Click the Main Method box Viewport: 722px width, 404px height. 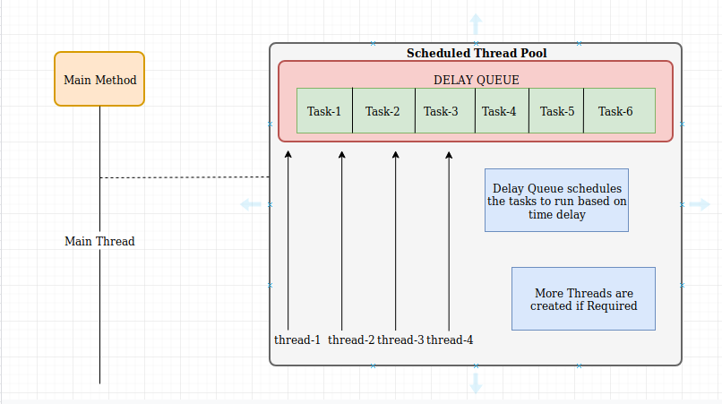99,80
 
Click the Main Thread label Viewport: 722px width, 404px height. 99,241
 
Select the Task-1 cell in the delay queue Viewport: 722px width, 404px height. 324,111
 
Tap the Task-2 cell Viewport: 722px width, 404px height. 382,111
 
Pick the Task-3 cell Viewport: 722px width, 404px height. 441,111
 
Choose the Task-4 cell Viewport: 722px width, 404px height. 499,111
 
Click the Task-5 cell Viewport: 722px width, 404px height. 557,111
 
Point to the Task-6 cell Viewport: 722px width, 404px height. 616,111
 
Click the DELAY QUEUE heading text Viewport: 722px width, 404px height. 476,80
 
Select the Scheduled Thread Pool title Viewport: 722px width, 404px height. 476,53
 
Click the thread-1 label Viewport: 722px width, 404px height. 297,340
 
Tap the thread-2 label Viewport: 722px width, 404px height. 351,340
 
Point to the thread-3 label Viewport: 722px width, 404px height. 400,340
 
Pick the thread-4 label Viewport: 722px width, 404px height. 450,340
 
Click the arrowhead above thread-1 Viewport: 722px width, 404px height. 288,155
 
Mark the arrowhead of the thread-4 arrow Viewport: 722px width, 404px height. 450,155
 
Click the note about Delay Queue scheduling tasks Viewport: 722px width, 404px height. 556,200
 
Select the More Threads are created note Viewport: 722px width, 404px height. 583,298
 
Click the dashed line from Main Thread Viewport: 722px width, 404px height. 184,177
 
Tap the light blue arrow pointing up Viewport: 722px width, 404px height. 476,22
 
